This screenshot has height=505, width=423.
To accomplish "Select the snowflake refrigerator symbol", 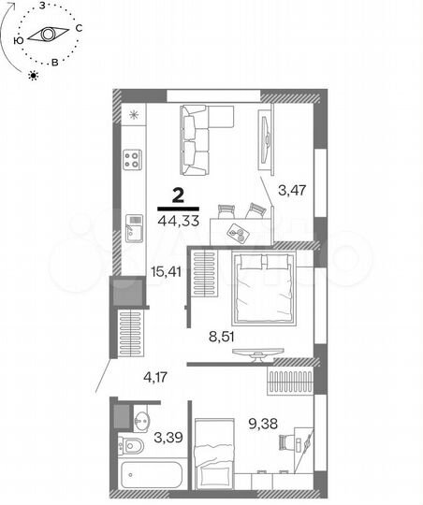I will click(x=134, y=116).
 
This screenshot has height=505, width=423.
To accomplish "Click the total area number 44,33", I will click(x=177, y=221).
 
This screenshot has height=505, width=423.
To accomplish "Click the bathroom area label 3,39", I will click(x=168, y=436).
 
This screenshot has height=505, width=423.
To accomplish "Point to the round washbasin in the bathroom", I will click(x=141, y=418).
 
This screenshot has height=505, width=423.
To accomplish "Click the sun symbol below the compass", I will click(x=35, y=75).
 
